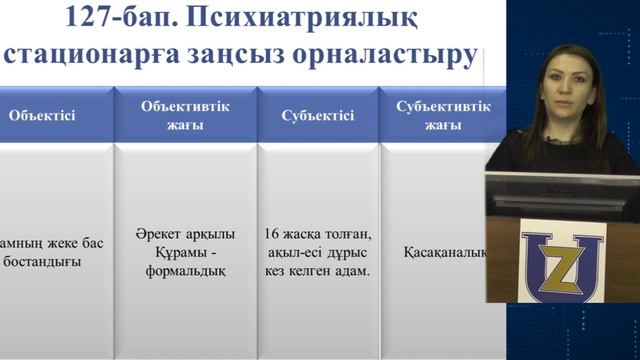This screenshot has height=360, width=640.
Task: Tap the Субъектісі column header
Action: pyautogui.click(x=319, y=115)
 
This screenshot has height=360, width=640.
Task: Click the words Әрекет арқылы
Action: pyautogui.click(x=184, y=235)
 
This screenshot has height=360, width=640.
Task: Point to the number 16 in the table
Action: pyautogui.click(x=272, y=235)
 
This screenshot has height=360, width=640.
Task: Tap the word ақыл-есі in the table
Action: pyautogui.click(x=295, y=252)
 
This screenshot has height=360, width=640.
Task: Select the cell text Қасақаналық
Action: pyautogui.click(x=444, y=252)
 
